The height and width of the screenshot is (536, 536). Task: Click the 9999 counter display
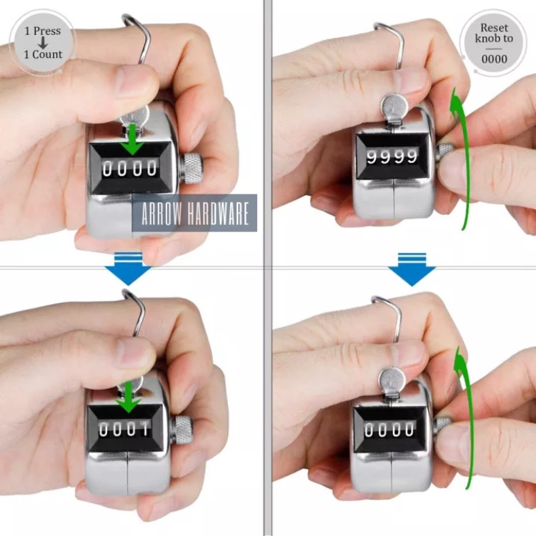coord(392,156)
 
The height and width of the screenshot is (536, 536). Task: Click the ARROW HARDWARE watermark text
coord(194,214)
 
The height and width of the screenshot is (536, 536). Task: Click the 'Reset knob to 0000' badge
coord(494,43)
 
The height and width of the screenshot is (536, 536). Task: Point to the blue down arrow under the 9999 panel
coord(412,269)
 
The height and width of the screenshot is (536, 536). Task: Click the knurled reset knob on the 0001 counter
coord(182,427)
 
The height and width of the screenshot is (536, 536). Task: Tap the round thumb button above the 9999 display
coord(392,109)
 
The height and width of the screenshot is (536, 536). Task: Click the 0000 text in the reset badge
coord(494,59)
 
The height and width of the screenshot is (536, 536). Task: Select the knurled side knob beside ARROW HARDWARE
coord(192,167)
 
